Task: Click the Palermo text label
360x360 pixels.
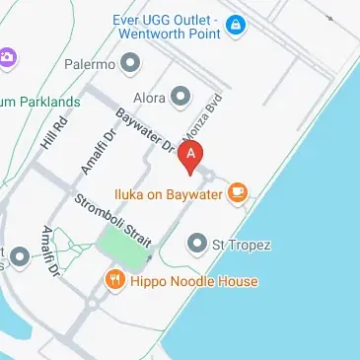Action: (91, 65)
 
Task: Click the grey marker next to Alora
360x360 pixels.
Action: (180, 97)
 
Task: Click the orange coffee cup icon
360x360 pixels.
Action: (237, 192)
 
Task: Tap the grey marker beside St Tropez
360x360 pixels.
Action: (196, 243)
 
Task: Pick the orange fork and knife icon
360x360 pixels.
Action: (115, 281)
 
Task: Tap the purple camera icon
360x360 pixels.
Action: (6, 57)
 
